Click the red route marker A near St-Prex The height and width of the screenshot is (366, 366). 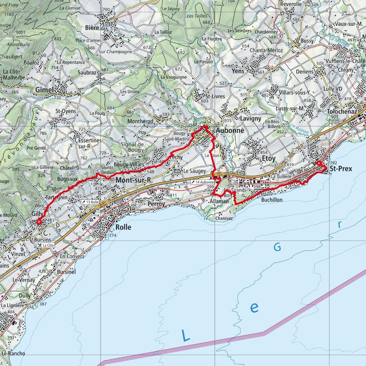point(319,163)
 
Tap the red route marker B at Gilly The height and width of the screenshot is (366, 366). point(39,222)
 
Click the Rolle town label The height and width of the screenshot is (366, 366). point(123,227)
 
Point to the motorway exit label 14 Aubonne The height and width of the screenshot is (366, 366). point(203,182)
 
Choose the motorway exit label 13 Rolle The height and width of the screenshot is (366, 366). point(90,202)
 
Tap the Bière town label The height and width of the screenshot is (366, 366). point(92,27)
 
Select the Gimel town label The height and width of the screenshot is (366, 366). point(44,90)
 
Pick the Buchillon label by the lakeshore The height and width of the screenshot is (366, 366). point(272,200)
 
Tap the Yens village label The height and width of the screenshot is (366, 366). point(238,71)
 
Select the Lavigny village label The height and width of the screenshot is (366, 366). point(250,118)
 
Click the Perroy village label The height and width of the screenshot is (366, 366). point(156,204)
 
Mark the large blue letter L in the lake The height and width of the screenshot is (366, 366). point(185,335)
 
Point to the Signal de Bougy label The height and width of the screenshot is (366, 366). point(133,147)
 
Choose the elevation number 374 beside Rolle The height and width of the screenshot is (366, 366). point(113,235)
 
